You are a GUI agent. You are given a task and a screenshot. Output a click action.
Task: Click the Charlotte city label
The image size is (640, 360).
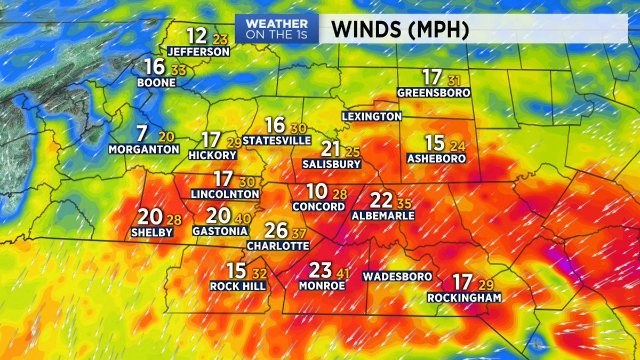[x=278, y=246]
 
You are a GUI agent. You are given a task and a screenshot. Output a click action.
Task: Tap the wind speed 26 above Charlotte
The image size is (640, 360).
[x=276, y=230]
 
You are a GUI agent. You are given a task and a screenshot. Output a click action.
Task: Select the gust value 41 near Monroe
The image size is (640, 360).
[x=343, y=273]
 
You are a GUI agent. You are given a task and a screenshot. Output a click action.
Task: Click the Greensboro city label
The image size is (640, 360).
[x=434, y=93]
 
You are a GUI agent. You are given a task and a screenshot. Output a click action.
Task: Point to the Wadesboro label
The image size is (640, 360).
[x=397, y=277]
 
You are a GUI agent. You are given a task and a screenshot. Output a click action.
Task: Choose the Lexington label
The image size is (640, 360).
[x=372, y=116]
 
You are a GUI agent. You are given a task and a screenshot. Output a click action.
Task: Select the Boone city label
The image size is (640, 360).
[x=156, y=83]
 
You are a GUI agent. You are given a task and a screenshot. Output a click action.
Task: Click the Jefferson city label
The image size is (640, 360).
[x=198, y=52]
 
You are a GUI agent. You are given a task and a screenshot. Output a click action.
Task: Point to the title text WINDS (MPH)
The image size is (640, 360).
[x=400, y=30]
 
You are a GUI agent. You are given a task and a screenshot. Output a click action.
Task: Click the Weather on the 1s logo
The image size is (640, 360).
[x=277, y=29]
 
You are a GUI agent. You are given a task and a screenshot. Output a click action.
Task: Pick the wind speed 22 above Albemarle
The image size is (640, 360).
[x=382, y=201]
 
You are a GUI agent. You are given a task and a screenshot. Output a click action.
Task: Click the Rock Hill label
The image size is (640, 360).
[x=238, y=286]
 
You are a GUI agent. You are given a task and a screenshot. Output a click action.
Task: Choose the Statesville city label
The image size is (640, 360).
[x=277, y=140]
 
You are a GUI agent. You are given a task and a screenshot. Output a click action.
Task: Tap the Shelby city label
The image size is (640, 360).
[x=153, y=232]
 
